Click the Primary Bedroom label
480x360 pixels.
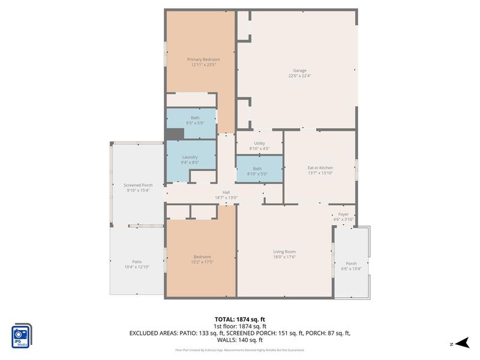203,59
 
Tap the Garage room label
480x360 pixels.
300,70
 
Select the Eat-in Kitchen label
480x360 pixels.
320,167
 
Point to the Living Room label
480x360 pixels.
284,251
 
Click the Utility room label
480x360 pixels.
259,143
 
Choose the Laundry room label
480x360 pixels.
190,157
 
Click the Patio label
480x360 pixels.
137,262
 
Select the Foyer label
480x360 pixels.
343,214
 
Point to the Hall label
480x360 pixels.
226,192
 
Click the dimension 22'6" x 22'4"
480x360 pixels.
300,76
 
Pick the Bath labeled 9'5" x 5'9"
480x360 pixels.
195,120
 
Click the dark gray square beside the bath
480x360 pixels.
174,134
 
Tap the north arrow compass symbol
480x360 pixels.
461,342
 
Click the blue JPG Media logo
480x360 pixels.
22,334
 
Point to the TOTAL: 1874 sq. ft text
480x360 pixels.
239,319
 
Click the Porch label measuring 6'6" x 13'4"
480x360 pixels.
352,266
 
